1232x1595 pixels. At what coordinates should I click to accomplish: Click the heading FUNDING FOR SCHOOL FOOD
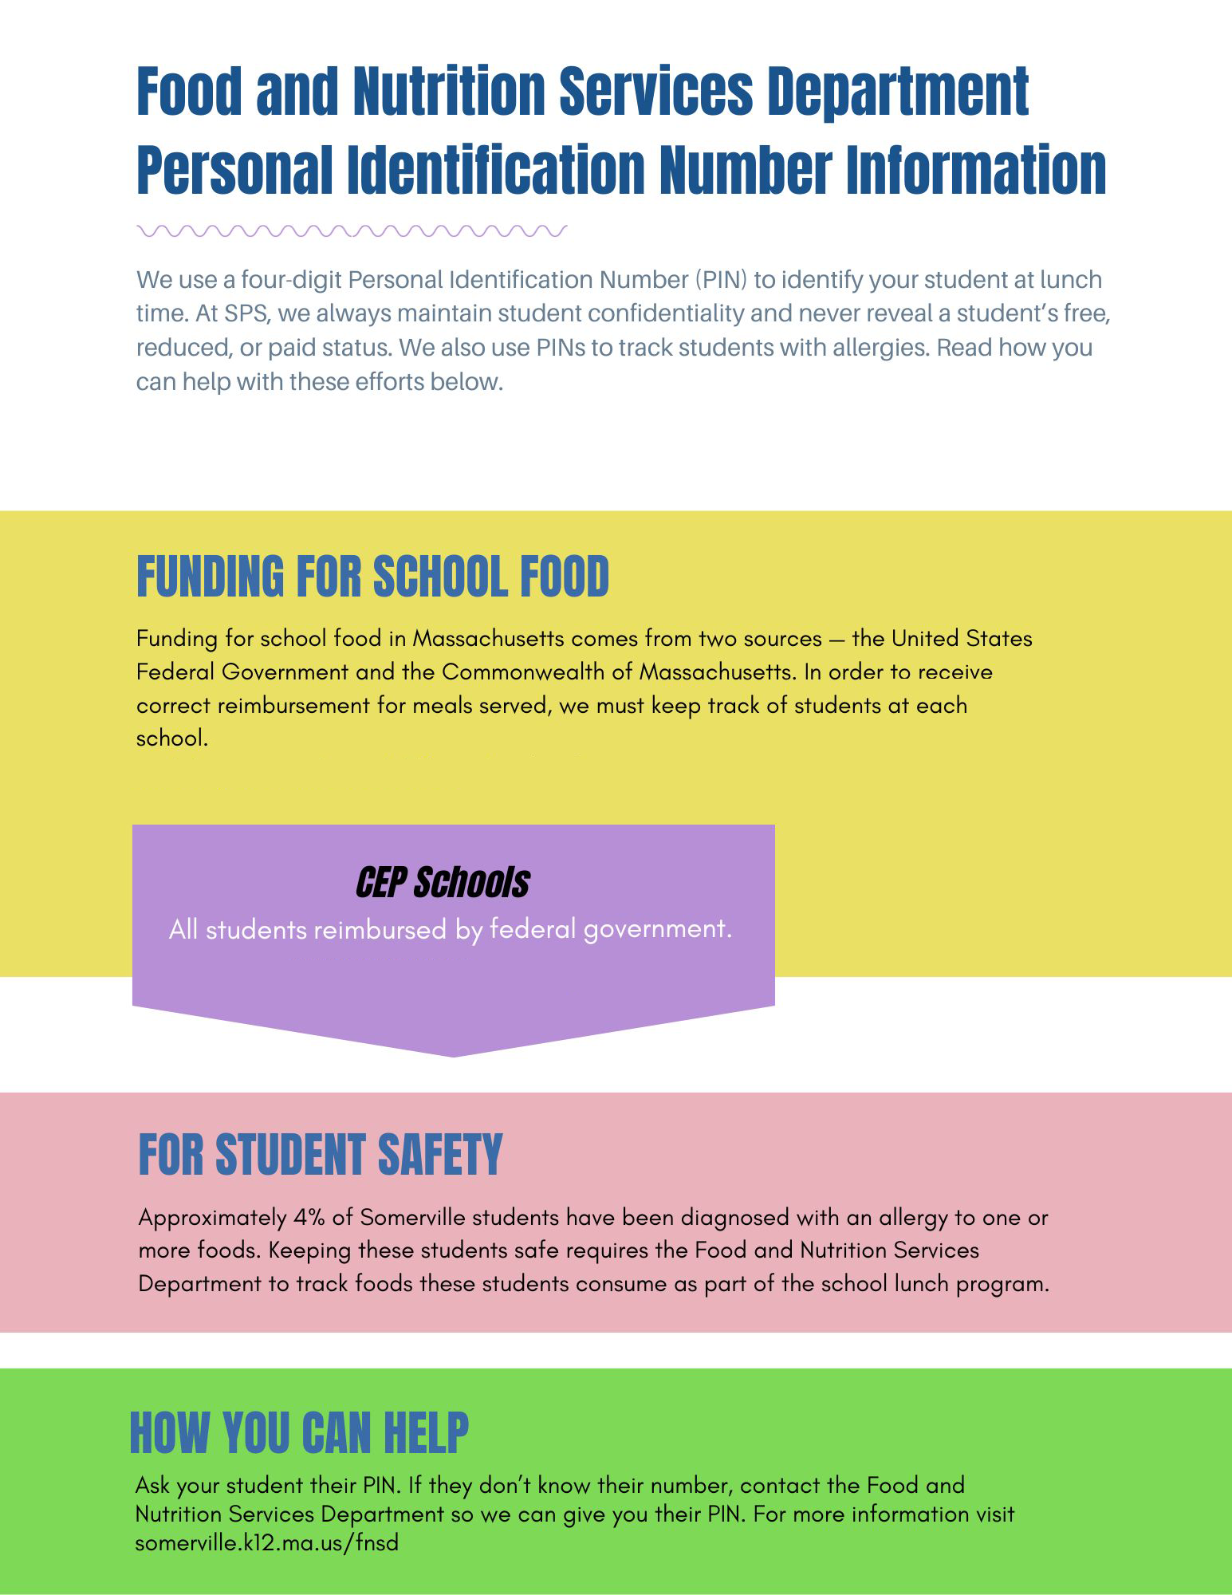[372, 577]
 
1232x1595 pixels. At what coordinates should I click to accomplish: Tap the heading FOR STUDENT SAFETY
[320, 1154]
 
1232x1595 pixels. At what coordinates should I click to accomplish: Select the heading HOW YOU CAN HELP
[299, 1433]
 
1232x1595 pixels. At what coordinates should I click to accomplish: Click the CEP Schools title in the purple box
[443, 883]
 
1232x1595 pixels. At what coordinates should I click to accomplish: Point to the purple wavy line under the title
[352, 231]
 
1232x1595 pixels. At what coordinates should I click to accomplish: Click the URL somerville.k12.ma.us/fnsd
[266, 1542]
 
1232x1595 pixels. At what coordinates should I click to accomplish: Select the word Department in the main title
[898, 90]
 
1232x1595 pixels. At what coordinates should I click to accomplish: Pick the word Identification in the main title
[495, 170]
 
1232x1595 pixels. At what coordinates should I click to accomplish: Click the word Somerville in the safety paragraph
[412, 1218]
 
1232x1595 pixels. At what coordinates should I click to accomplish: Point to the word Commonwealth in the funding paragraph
[524, 672]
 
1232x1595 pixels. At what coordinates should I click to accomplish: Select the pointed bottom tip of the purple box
[454, 1054]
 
